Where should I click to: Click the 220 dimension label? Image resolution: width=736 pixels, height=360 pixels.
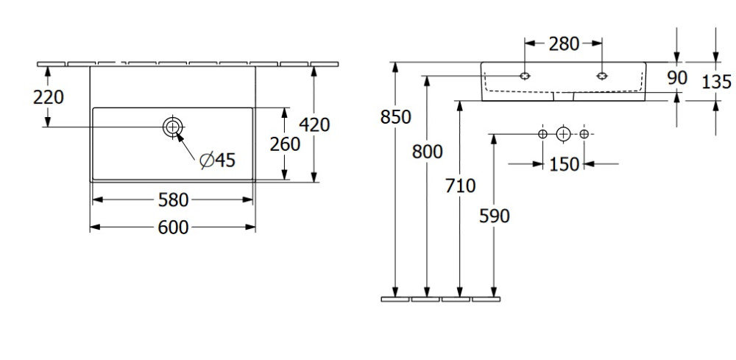pyautogui.click(x=49, y=96)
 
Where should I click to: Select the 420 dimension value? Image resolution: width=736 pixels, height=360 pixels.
pyautogui.click(x=315, y=124)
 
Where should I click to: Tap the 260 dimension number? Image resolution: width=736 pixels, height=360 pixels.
pyautogui.click(x=285, y=144)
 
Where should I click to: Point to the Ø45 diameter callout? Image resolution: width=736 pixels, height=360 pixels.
pyautogui.click(x=218, y=160)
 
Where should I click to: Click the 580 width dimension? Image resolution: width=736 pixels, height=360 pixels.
pyautogui.click(x=173, y=200)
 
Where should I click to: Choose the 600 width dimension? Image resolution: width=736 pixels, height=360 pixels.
pyautogui.click(x=173, y=227)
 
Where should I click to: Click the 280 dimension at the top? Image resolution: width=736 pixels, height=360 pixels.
pyautogui.click(x=563, y=44)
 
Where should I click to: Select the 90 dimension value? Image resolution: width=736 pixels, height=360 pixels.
pyautogui.click(x=677, y=77)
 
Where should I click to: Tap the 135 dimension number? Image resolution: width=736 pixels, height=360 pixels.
pyautogui.click(x=715, y=82)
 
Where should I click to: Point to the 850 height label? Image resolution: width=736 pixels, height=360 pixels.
pyautogui.click(x=395, y=116)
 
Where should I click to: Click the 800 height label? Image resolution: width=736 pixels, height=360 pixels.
pyautogui.click(x=427, y=152)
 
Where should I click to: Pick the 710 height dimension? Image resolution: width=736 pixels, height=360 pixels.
pyautogui.click(x=461, y=186)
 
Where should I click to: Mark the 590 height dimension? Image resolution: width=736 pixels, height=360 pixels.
pyautogui.click(x=494, y=216)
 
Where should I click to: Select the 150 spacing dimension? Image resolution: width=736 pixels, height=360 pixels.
pyautogui.click(x=564, y=164)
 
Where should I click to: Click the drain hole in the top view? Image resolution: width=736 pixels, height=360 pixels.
pyautogui.click(x=172, y=127)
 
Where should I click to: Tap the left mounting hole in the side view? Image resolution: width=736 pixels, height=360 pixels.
pyautogui.click(x=525, y=75)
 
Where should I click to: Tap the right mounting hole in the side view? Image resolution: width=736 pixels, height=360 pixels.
pyautogui.click(x=602, y=75)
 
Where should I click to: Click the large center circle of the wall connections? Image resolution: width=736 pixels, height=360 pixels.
pyautogui.click(x=563, y=134)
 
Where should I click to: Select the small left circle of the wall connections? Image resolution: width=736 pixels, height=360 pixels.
pyautogui.click(x=542, y=134)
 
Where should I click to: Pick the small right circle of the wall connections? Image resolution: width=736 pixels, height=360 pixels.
pyautogui.click(x=584, y=134)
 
